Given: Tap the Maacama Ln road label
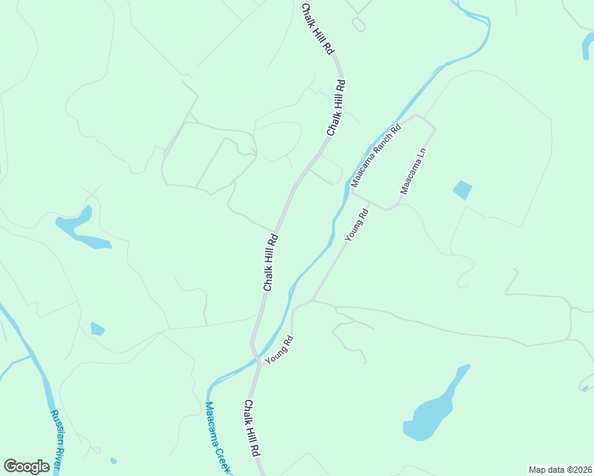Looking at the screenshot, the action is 414,171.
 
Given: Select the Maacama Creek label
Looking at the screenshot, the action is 215,437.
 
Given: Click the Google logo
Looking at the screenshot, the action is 26,466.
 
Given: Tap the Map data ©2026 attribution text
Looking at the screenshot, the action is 560,469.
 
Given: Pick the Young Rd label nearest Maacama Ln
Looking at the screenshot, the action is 357,225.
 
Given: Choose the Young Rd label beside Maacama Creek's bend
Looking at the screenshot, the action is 280,350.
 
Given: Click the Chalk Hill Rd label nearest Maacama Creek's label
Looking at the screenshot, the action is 252,427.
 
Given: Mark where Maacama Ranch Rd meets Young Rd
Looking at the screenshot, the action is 353,191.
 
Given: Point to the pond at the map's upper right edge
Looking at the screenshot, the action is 586,46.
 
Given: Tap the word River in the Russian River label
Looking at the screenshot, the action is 58,457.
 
